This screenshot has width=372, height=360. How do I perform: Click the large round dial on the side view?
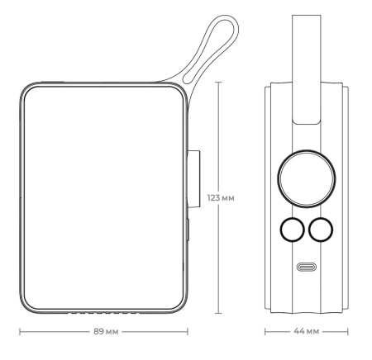coord(305,176)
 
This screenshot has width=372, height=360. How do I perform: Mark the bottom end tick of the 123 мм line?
coord(219,314)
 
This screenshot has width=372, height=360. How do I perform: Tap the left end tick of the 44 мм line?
coord(265,333)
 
